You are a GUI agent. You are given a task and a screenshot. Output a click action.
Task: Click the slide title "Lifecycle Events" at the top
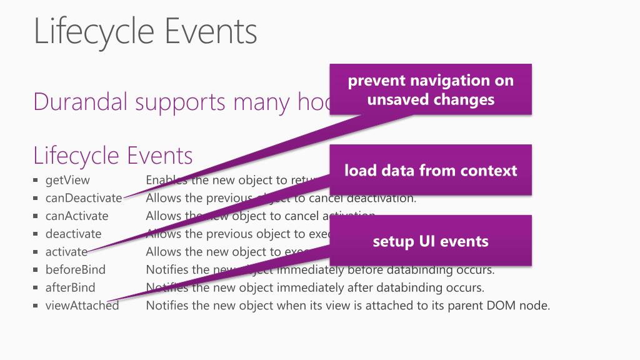coord(145,31)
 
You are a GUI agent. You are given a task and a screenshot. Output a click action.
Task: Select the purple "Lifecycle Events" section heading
coord(112,155)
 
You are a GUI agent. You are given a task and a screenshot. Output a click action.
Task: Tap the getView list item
coord(67,180)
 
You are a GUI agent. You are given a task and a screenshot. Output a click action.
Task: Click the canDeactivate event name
coord(84,198)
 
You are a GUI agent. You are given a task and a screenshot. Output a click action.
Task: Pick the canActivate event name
coord(77,216)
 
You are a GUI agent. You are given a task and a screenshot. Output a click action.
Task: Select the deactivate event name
coord(73,234)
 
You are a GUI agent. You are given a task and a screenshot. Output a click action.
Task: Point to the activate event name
coord(66,252)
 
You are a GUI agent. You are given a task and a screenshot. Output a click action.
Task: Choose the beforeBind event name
coord(76,270)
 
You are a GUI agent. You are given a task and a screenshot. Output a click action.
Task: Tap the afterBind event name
coord(71,287)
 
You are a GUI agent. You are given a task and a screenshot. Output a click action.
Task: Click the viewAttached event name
coord(82,306)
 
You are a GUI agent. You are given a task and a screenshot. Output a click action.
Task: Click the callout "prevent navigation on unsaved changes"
coord(431,89)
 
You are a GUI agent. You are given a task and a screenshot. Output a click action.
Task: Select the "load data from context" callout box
coord(431,170)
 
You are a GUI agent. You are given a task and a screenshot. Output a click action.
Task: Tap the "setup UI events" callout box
coord(431,241)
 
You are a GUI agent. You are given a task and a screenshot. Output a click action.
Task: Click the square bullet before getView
coord(36,181)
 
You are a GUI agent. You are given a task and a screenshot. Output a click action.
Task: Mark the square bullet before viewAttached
coord(36,306)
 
